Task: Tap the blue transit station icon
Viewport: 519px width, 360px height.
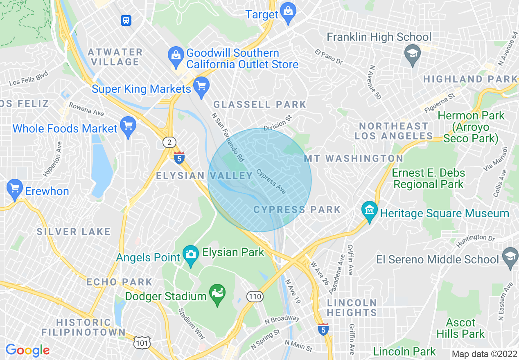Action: click(x=126, y=20)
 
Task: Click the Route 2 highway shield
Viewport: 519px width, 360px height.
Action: click(x=169, y=142)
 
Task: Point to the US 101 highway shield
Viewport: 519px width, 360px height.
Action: click(x=142, y=343)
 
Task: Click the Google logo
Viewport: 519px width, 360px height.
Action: click(x=27, y=350)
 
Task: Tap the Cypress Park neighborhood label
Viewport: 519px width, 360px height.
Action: click(x=297, y=210)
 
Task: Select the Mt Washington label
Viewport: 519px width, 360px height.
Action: click(x=353, y=158)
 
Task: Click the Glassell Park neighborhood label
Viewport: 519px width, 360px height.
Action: click(x=260, y=104)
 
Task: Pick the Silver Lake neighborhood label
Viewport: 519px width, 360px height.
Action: click(x=74, y=232)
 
